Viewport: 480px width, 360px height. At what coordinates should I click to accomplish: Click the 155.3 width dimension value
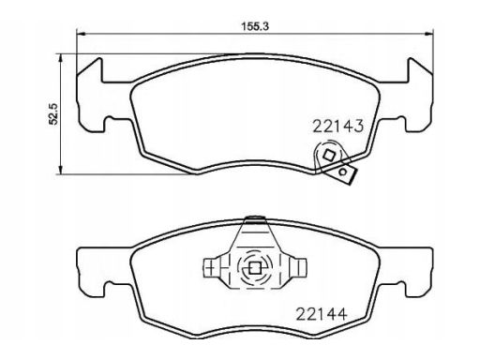(x=255, y=26)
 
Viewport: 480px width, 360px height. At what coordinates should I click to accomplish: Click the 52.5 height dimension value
(x=53, y=114)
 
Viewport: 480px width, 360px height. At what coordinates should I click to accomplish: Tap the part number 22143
(x=338, y=127)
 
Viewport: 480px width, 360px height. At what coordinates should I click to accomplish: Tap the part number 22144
(x=322, y=314)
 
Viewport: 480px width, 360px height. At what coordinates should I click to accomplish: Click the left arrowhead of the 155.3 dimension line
(x=81, y=34)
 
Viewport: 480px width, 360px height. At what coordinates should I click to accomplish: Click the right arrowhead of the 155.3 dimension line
(x=429, y=34)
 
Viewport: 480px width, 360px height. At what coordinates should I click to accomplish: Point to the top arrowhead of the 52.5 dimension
(x=60, y=58)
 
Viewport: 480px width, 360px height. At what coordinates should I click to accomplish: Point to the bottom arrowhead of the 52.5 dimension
(x=60, y=170)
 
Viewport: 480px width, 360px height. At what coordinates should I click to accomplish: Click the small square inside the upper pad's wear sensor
(x=329, y=155)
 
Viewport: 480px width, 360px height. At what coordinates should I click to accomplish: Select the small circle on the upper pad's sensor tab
(x=343, y=172)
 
